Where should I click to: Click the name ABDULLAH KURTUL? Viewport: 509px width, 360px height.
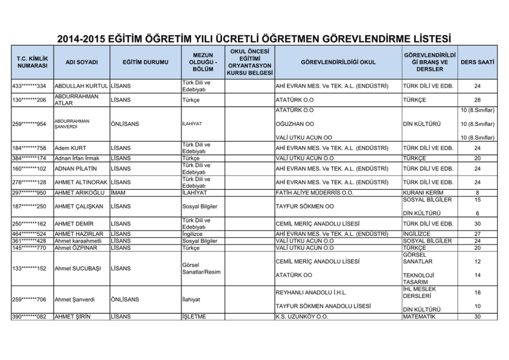click(82, 86)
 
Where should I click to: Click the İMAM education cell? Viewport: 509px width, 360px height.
click(119, 193)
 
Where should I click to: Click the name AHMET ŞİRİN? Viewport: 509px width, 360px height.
click(72, 316)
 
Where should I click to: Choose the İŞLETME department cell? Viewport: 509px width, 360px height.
click(194, 316)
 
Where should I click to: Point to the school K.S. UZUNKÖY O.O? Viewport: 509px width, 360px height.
click(302, 316)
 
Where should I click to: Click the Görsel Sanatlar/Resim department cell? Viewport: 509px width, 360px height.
click(202, 268)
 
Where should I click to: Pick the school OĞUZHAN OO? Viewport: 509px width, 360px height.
click(295, 124)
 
